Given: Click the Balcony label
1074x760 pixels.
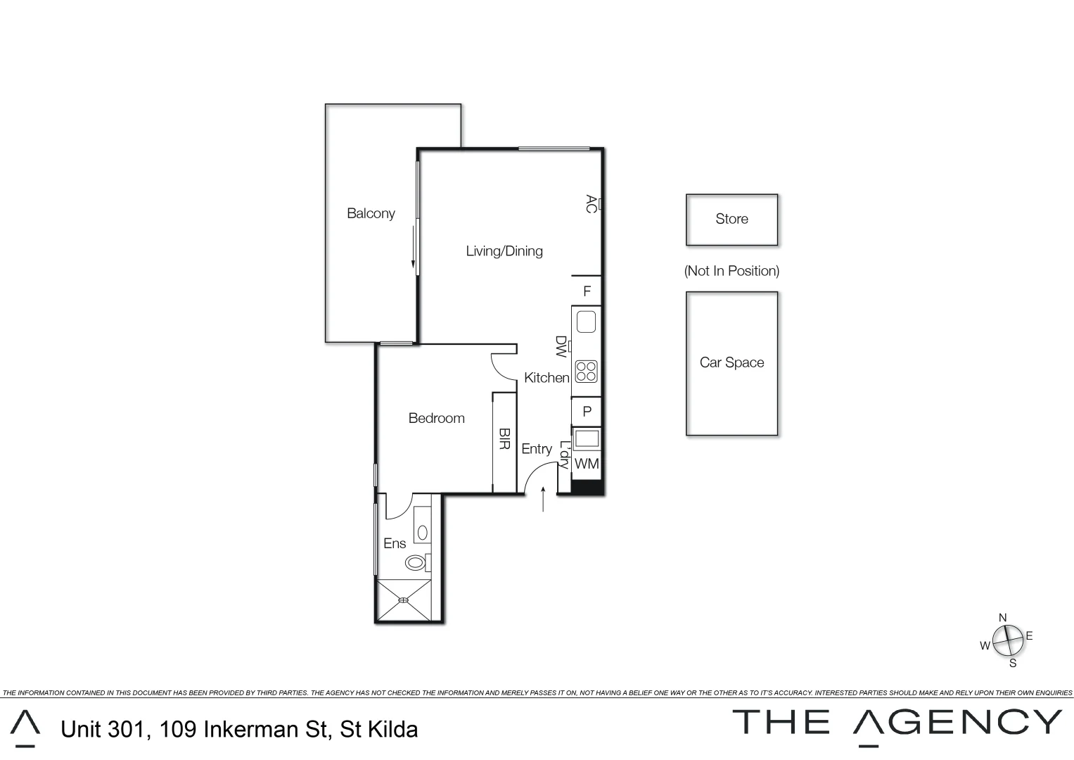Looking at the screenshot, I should coord(371,213).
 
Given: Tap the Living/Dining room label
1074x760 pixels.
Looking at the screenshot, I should coord(504,251).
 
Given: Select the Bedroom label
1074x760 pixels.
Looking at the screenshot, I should coord(436,418).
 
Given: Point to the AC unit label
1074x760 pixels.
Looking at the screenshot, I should coord(591,204).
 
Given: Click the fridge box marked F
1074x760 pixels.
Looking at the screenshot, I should coord(587,291).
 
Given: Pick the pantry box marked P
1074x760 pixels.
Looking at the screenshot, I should coord(587,412).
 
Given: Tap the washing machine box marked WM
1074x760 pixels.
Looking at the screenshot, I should coord(587,464).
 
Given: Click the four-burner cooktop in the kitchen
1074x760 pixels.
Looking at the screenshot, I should coord(587,371).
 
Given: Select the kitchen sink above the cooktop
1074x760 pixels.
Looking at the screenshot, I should coord(587,322).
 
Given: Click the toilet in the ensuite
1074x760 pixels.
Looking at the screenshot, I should coord(416,563).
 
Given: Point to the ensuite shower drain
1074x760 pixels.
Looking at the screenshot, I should coord(404,600).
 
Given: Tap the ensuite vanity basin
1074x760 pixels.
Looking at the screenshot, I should coord(422,533).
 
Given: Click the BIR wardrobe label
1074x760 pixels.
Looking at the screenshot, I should coord(504,439).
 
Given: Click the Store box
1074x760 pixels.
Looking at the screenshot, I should coord(731,220).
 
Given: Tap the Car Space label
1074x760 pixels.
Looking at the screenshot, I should coord(731,362).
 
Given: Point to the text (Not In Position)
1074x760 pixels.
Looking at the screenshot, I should coord(731,271).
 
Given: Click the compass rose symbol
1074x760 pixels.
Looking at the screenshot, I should coord(1007,640).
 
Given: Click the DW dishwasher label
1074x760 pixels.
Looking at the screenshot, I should coord(561,346).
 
